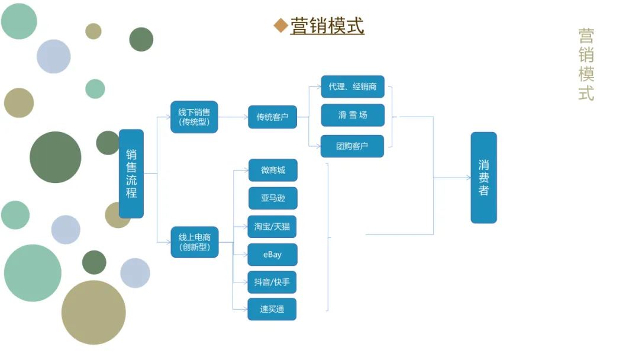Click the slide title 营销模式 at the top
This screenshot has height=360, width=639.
327,26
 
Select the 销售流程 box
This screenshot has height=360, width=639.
131,173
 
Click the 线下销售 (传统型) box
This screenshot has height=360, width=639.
194,117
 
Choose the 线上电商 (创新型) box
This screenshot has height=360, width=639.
195,242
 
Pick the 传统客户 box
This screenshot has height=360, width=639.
272,117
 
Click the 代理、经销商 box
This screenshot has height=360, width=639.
353,86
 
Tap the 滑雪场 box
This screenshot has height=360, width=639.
353,115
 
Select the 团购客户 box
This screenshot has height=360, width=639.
352,146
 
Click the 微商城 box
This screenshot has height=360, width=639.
273,170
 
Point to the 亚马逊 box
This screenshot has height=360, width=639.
273,198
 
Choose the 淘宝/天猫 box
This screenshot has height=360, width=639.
272,226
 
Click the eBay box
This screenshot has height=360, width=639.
272,255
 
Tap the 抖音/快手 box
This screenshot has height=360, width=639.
272,282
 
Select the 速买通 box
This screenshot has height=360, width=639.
272,309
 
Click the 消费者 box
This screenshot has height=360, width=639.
483,178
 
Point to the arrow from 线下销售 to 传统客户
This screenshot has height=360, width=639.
233,117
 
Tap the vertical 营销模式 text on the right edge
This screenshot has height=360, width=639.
586,65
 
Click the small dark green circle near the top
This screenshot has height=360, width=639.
141,39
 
